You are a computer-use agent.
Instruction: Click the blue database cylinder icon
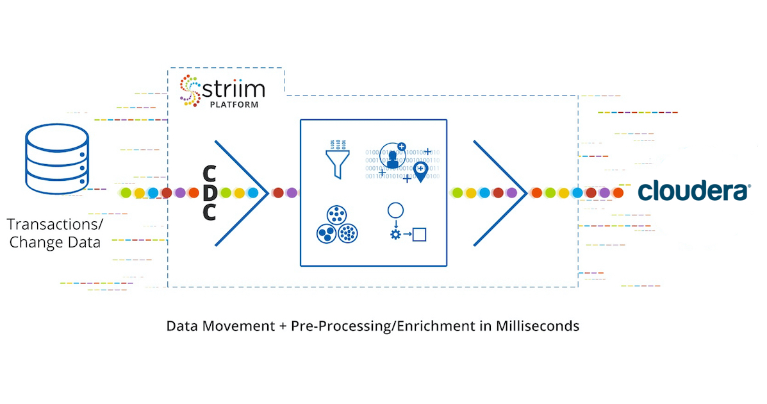[x=57, y=159]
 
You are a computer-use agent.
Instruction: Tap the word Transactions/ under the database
[x=55, y=224]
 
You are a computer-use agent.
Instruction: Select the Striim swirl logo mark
[x=190, y=90]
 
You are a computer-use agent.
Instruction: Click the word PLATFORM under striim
[x=234, y=105]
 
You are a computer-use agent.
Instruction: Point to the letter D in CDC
[x=210, y=192]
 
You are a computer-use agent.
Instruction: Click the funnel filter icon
[x=338, y=159]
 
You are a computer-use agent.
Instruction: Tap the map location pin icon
[x=420, y=172]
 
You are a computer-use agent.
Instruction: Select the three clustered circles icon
[x=336, y=224]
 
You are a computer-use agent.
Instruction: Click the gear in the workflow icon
[x=395, y=235]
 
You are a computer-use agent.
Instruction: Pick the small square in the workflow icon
[x=419, y=235]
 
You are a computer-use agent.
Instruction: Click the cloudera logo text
[x=693, y=190]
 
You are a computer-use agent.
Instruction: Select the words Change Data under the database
[x=55, y=242]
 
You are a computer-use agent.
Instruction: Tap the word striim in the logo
[x=233, y=89]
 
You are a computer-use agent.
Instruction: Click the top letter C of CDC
[x=210, y=173]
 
